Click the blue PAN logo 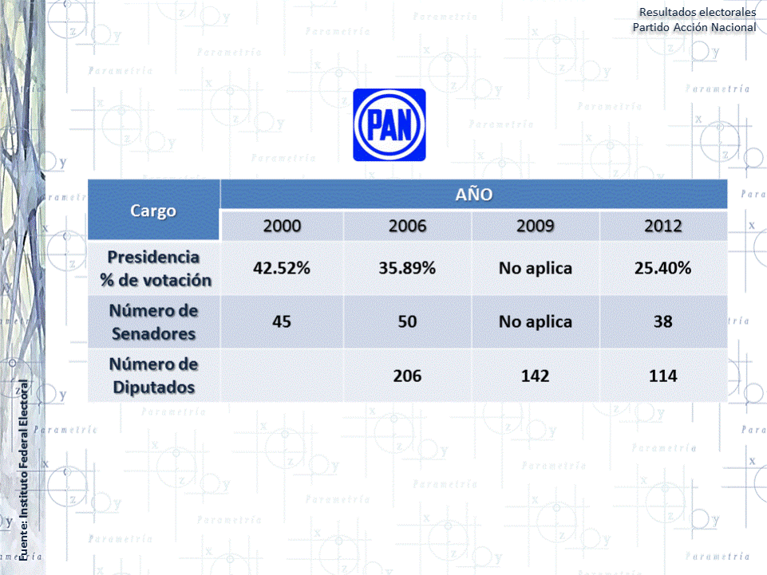point(389,125)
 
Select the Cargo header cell point(153,211)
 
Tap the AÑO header point(473,194)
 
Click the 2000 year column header point(282,226)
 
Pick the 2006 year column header point(407,226)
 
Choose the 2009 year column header point(535,226)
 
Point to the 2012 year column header point(662,226)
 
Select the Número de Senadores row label point(154,321)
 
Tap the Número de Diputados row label point(154,376)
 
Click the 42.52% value point(281,269)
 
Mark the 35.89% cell point(407,269)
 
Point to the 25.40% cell point(662,269)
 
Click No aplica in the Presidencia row point(535,269)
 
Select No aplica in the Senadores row point(535,322)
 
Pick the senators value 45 point(281,322)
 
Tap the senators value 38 point(662,322)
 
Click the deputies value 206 point(407,376)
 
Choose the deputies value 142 point(535,376)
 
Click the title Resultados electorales point(697,12)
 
